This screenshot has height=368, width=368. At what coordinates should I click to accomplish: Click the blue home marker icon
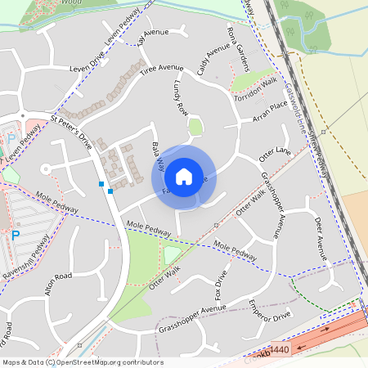(x=184, y=177)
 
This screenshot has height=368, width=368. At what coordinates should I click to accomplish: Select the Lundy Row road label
(x=181, y=98)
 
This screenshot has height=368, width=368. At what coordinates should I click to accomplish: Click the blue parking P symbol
(x=15, y=236)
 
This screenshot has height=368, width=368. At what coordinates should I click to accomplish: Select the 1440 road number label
(x=278, y=350)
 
